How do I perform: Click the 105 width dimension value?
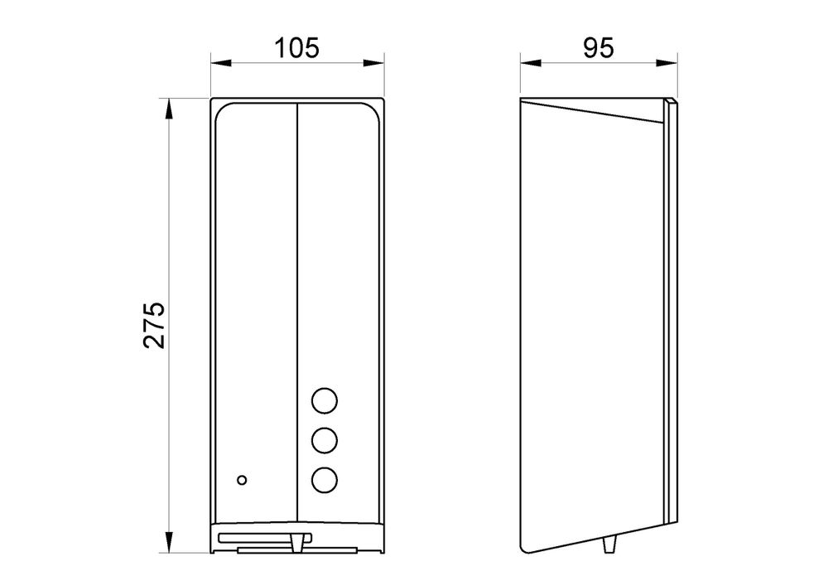pyautogui.click(x=296, y=48)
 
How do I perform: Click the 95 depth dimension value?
pyautogui.click(x=599, y=48)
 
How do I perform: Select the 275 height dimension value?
pyautogui.click(x=154, y=325)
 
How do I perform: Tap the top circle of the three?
pyautogui.click(x=325, y=401)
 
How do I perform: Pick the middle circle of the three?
pyautogui.click(x=325, y=440)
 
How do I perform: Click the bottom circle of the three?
pyautogui.click(x=325, y=479)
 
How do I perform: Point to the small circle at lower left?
pyautogui.click(x=242, y=480)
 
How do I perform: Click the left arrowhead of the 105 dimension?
pyautogui.click(x=221, y=63)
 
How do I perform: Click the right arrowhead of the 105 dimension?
pyautogui.click(x=373, y=63)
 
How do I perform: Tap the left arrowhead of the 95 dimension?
pyautogui.click(x=531, y=63)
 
